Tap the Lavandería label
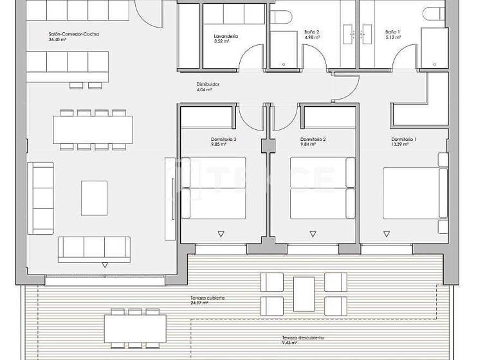point(226,37)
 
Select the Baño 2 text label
point(311,32)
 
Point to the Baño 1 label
point(392,32)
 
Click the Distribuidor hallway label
point(208,84)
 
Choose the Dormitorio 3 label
point(223,139)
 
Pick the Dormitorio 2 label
point(313,139)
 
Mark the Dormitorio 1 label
point(404,139)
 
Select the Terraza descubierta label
point(302,337)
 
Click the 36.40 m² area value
point(58,40)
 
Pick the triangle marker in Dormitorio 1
point(403,234)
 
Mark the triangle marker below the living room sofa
point(104,265)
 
